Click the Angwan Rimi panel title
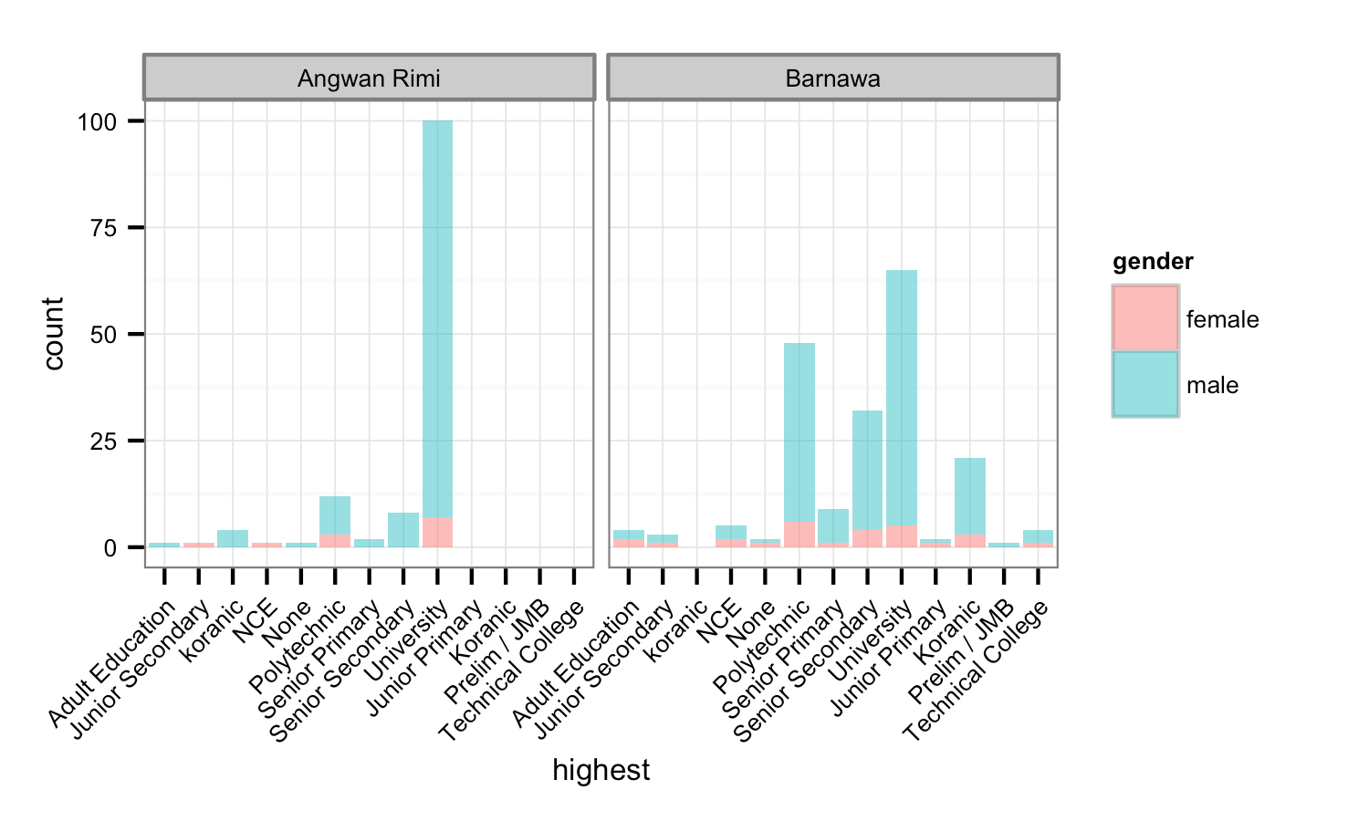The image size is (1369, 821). pyautogui.click(x=369, y=78)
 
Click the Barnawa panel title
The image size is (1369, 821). pyautogui.click(x=832, y=78)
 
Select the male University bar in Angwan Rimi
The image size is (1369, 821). pyautogui.click(x=437, y=319)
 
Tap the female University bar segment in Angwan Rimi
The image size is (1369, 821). pyautogui.click(x=437, y=533)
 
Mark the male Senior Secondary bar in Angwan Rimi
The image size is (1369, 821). pyautogui.click(x=403, y=530)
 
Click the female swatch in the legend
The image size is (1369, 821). pyautogui.click(x=1145, y=318)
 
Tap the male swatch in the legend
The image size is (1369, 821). pyautogui.click(x=1145, y=384)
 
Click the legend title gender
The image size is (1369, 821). pyautogui.click(x=1153, y=262)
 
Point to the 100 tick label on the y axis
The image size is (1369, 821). pyautogui.click(x=98, y=121)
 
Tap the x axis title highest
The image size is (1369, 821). pyautogui.click(x=601, y=770)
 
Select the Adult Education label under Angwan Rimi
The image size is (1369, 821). pyautogui.click(x=112, y=665)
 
